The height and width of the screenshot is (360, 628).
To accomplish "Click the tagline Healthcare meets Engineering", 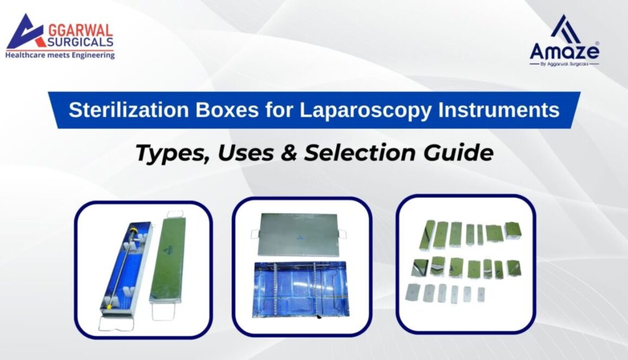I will [60, 55].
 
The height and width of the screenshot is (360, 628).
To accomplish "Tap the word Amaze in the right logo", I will [564, 51].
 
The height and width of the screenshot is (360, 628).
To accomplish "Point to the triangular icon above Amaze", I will [565, 28].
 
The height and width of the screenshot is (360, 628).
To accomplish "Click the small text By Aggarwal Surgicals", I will [564, 64].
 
